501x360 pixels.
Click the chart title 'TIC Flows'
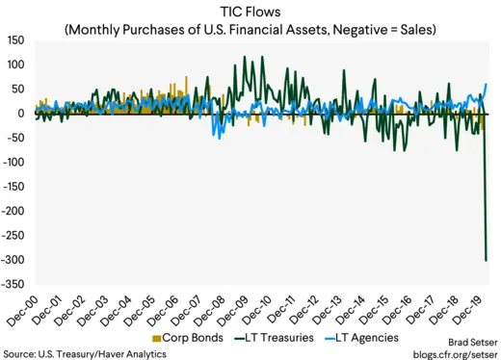[x=250, y=13]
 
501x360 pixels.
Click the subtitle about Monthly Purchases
[x=250, y=29]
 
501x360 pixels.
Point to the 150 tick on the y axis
[x=16, y=40]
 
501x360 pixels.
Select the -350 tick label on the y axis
[x=13, y=284]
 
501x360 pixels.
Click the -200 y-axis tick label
[x=13, y=211]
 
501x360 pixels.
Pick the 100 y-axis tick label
[x=16, y=64]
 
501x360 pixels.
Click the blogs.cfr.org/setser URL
[x=448, y=352]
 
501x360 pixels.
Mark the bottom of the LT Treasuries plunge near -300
[x=486, y=260]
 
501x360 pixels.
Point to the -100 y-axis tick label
[x=13, y=163]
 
